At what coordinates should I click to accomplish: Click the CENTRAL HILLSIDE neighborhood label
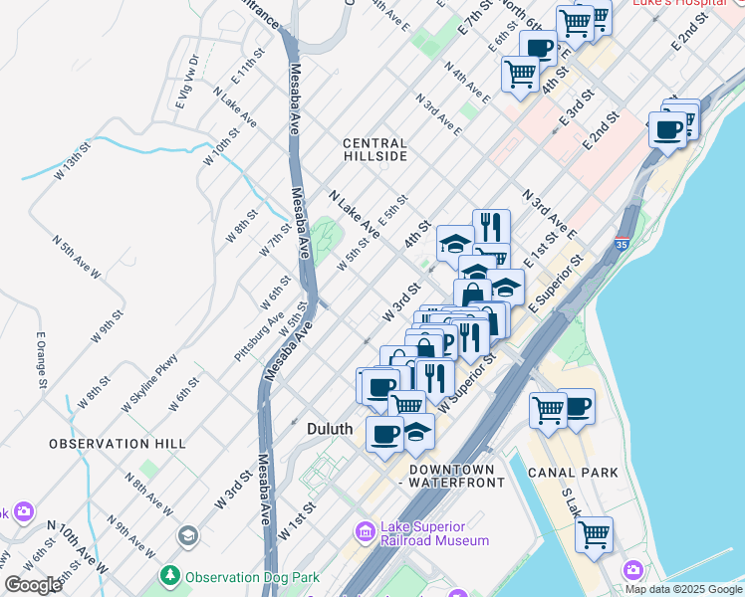(x=374, y=149)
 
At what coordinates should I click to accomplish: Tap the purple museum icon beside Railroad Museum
(x=365, y=534)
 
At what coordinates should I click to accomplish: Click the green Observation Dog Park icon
(x=170, y=576)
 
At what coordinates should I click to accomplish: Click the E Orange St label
(x=43, y=359)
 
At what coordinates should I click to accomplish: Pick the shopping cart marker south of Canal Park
(x=594, y=534)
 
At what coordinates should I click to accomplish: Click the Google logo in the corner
(x=33, y=585)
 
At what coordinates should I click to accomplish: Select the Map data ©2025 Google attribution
(x=682, y=588)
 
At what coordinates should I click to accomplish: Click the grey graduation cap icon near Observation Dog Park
(x=186, y=537)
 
